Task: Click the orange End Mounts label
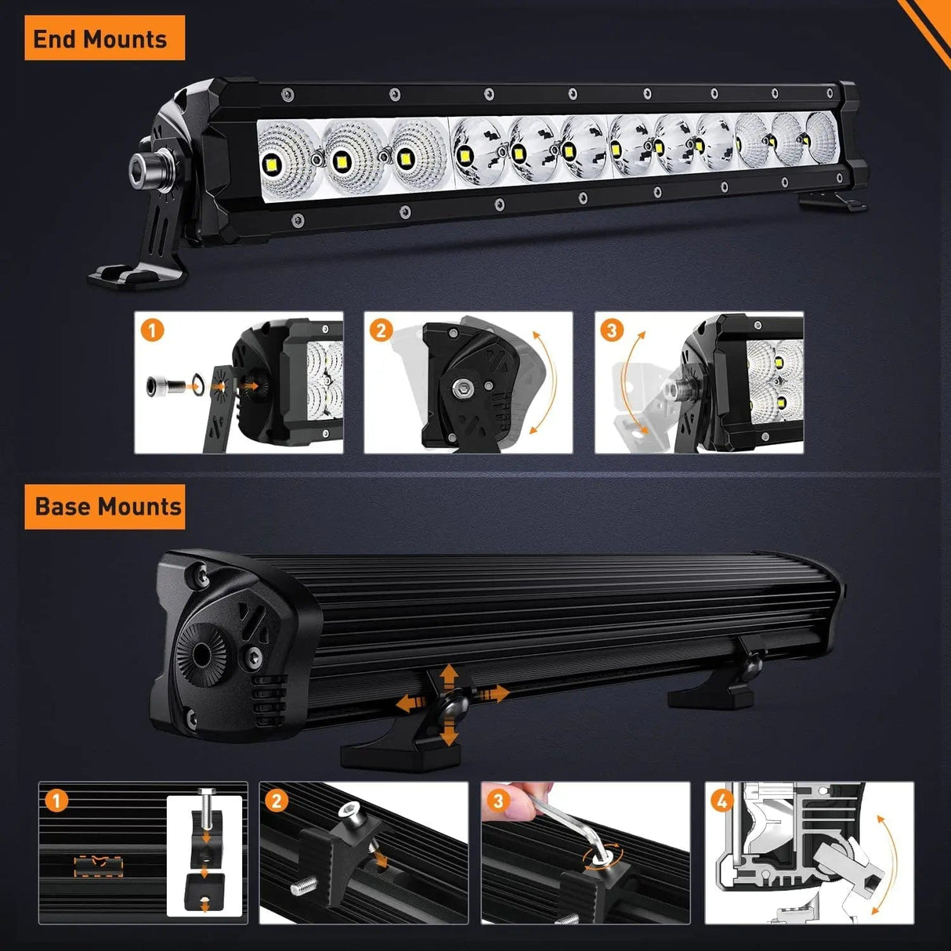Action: (x=100, y=38)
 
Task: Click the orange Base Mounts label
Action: (x=107, y=507)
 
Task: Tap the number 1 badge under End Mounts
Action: (x=152, y=329)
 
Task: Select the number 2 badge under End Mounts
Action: (x=381, y=330)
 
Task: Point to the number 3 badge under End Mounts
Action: (x=612, y=330)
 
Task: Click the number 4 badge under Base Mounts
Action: (x=722, y=801)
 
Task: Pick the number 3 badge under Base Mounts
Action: (x=498, y=801)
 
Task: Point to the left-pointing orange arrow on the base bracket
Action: (x=407, y=703)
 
